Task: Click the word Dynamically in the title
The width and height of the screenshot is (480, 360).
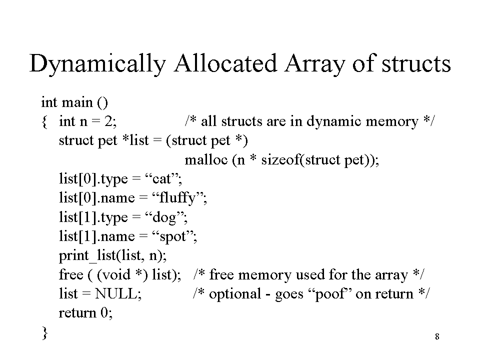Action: [97, 64]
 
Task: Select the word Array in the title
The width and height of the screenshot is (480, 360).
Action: [314, 64]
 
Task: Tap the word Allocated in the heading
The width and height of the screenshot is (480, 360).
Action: [225, 63]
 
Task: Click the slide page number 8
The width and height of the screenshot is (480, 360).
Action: [437, 336]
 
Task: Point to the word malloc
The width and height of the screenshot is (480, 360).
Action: [206, 159]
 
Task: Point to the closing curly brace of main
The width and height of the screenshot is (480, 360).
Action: [44, 333]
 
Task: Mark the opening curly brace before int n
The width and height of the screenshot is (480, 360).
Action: [44, 122]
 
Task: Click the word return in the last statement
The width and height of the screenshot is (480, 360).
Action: [77, 313]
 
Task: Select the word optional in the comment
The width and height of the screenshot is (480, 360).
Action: [235, 294]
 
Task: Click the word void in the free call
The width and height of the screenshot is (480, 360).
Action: [113, 274]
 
